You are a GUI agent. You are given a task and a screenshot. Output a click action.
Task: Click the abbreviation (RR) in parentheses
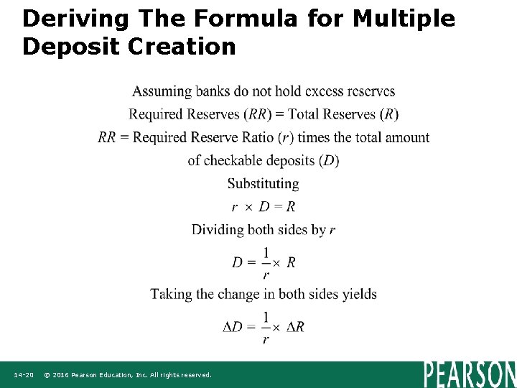(x=256, y=114)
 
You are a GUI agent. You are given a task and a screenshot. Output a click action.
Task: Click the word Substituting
(x=263, y=183)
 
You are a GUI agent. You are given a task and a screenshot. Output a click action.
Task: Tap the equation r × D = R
(x=263, y=207)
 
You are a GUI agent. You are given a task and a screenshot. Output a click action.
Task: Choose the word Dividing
(x=218, y=230)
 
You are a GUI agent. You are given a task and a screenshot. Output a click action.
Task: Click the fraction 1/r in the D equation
(x=266, y=262)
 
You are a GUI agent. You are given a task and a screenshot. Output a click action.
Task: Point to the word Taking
(x=172, y=294)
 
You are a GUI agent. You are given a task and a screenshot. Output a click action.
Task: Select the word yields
(x=357, y=294)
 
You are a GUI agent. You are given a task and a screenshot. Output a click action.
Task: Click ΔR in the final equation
(x=295, y=327)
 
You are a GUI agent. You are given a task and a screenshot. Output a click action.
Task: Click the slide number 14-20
(x=24, y=375)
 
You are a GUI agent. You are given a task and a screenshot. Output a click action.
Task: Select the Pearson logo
(x=470, y=374)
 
